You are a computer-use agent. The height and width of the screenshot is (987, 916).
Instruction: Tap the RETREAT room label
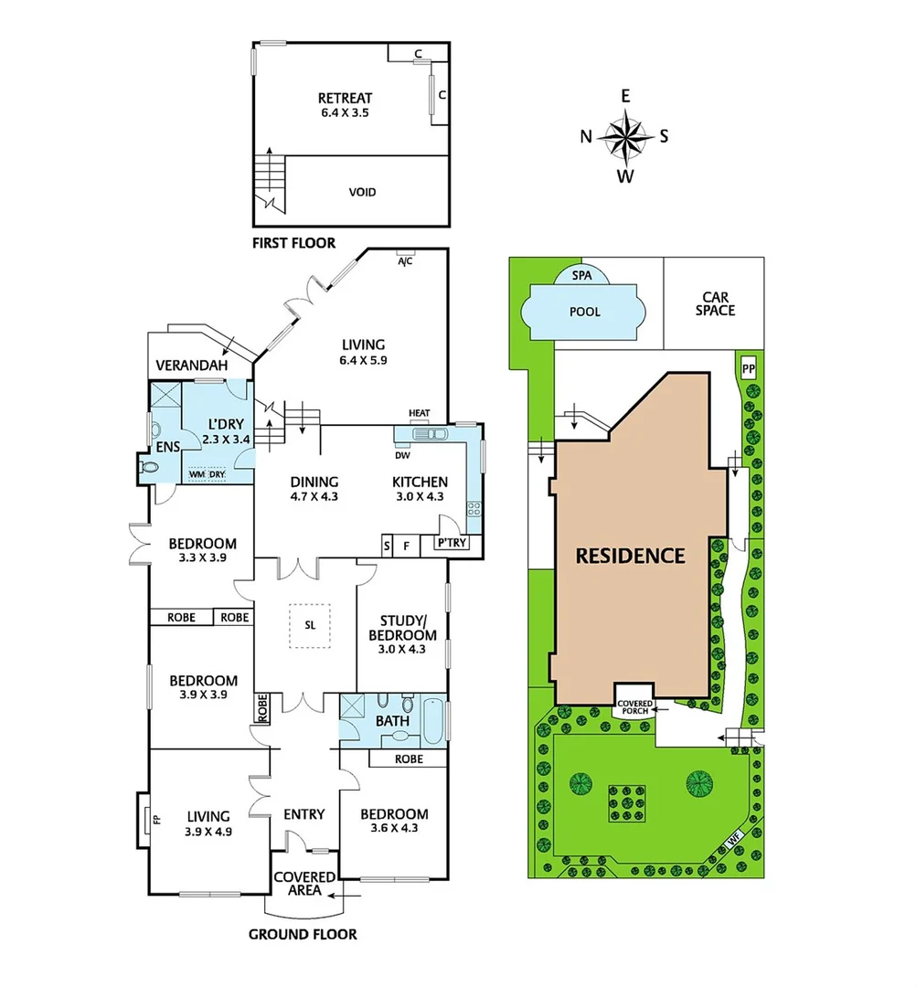pos(345,105)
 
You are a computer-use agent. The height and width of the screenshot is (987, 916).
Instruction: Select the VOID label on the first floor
pos(362,193)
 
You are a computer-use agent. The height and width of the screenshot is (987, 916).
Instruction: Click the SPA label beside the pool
pos(580,275)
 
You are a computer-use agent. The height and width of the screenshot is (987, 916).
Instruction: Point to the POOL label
pos(585,312)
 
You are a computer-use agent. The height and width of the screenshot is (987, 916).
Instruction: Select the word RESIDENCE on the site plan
pos(630,556)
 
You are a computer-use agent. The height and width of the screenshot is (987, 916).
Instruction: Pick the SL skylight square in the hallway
pos(310,626)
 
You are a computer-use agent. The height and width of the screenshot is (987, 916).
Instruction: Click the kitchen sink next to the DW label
pos(423,435)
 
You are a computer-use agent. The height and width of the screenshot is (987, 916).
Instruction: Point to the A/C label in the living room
pos(404,261)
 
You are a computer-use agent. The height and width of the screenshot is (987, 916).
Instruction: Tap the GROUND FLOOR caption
pos(303,934)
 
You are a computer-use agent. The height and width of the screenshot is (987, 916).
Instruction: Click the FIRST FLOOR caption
pos(293,243)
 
